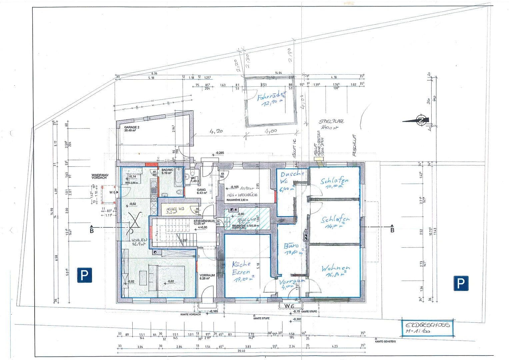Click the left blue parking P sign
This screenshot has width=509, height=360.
pyautogui.click(x=85, y=276)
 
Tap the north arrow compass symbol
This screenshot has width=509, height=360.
pyautogui.click(x=421, y=120)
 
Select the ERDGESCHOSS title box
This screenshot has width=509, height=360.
pyautogui.click(x=427, y=328)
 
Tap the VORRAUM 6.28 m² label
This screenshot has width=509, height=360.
pyautogui.click(x=207, y=277)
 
